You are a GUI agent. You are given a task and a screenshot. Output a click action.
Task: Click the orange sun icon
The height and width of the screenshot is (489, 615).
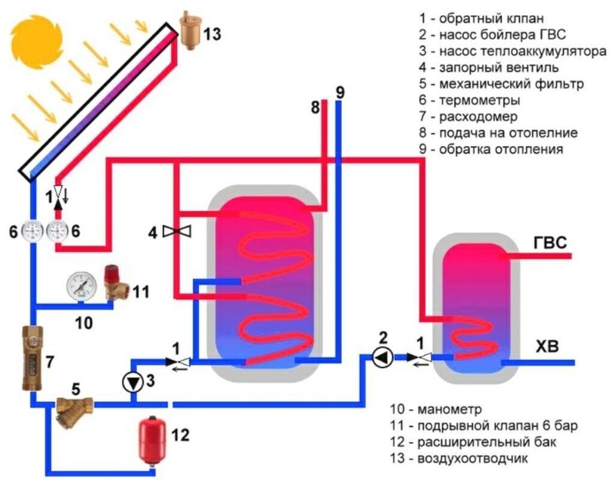[37, 38]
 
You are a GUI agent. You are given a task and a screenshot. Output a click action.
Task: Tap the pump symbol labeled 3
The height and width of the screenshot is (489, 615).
[131, 382]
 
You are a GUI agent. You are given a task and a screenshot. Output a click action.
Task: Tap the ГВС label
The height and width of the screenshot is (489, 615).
[549, 243]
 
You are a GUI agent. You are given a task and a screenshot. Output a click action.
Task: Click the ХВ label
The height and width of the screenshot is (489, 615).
[546, 347]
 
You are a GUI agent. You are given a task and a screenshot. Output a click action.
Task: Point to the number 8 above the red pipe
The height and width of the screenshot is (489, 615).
[316, 108]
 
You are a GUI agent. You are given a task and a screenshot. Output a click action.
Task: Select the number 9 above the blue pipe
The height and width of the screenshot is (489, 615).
[340, 93]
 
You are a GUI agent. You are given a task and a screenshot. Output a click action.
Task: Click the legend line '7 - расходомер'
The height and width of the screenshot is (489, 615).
[468, 117]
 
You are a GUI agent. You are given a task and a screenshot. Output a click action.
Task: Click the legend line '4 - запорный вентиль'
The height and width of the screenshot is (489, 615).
[489, 67]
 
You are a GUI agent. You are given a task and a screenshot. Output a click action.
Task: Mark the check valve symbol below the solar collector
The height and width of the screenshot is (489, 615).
[58, 195]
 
